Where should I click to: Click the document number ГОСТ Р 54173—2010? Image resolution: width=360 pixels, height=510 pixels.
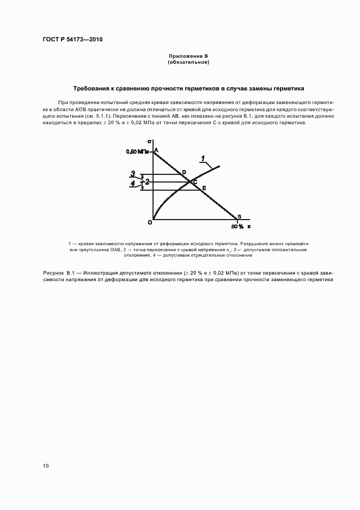point(72,40)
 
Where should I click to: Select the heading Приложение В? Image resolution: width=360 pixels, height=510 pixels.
point(188,56)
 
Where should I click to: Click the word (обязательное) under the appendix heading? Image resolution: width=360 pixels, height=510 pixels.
point(188,62)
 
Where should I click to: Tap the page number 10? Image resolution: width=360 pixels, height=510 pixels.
point(46,466)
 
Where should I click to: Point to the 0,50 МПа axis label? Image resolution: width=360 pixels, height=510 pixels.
point(138,151)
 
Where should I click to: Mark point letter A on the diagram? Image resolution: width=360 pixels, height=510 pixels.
point(157,150)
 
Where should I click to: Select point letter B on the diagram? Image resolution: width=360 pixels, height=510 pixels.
point(239,217)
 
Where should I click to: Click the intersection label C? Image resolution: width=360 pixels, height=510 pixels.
point(195,181)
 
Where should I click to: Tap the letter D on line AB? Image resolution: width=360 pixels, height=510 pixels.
point(184,172)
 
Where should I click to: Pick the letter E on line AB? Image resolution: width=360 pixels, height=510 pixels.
point(204,188)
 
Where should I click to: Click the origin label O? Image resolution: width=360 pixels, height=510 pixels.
point(149,221)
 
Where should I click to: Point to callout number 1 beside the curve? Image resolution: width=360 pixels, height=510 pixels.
point(203,158)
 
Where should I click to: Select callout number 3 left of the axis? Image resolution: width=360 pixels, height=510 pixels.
point(132,174)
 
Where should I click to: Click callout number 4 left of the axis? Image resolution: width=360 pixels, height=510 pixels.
point(132,184)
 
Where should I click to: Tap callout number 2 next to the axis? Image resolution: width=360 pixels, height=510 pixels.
point(146,181)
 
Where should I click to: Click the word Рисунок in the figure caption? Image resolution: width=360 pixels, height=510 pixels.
point(53,272)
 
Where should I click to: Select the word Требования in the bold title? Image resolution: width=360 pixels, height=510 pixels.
point(94,88)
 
